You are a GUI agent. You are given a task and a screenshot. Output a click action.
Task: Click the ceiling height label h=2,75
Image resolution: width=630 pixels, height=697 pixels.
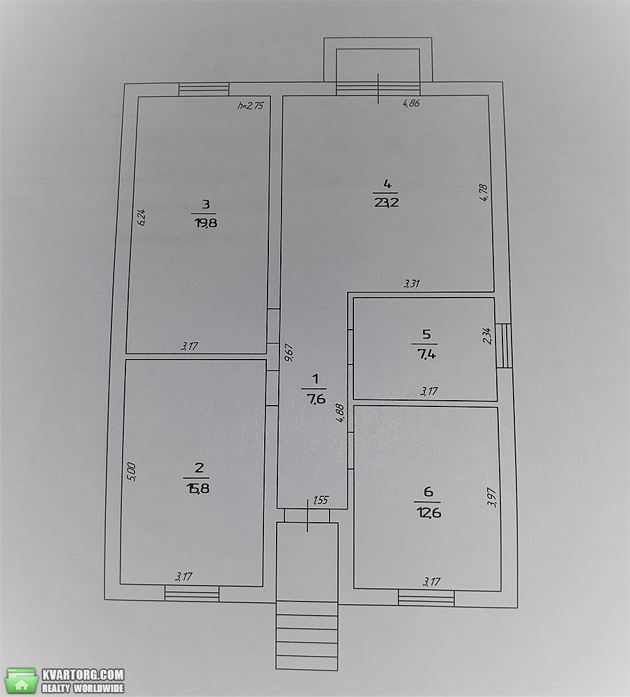(x=251, y=106)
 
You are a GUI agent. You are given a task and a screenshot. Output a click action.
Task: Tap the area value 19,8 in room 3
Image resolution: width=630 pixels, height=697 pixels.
(x=206, y=223)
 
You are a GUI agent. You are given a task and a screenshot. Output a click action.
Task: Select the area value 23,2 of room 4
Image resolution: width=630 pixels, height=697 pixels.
(x=387, y=203)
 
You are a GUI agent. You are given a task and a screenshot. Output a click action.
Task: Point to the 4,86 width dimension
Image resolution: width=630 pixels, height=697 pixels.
(x=411, y=104)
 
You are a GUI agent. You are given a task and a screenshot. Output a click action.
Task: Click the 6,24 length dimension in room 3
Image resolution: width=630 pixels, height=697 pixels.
(x=142, y=217)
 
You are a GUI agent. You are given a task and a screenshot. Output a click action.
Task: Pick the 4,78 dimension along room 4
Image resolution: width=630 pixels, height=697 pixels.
(x=484, y=193)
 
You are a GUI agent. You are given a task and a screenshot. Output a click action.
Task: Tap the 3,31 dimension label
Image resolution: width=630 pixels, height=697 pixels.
(x=412, y=283)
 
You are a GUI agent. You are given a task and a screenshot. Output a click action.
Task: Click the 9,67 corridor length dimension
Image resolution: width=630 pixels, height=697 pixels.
(x=289, y=352)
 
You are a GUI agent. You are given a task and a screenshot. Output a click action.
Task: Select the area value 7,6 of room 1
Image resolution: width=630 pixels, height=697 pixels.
(x=316, y=399)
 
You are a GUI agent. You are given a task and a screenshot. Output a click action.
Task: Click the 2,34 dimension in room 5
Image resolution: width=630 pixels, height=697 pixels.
(x=487, y=336)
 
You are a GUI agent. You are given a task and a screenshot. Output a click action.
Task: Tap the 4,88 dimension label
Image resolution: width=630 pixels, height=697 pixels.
(x=340, y=413)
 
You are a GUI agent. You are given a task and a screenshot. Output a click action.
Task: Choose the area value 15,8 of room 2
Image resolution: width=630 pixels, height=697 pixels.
(x=196, y=489)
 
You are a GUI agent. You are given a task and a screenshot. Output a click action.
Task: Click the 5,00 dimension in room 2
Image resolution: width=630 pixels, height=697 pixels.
(x=131, y=472)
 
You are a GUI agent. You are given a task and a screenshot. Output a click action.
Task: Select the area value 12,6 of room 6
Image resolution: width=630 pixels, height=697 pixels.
(x=429, y=513)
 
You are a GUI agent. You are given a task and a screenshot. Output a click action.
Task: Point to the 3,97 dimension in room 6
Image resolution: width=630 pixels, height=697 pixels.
(x=492, y=497)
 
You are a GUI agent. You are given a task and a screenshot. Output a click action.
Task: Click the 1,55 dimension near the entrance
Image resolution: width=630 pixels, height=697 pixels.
(x=321, y=500)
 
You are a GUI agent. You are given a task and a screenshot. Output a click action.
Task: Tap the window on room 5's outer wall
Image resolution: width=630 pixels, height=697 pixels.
(x=504, y=346)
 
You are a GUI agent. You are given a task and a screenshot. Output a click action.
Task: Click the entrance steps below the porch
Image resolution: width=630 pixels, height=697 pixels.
(x=307, y=635)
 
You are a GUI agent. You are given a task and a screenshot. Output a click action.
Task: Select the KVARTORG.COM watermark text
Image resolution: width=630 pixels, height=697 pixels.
(x=83, y=675)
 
